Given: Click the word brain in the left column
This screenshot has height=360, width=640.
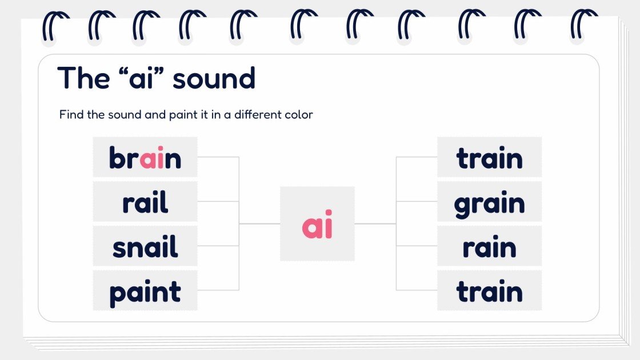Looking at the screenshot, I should click(x=145, y=158).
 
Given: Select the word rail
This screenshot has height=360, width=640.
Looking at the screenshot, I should click(x=145, y=202).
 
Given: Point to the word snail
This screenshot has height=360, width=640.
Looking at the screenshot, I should click(x=145, y=247).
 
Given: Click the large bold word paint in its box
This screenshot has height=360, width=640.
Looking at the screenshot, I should click(x=145, y=292).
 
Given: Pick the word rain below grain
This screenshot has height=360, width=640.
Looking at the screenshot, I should click(x=489, y=247).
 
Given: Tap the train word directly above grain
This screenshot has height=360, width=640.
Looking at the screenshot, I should click(x=489, y=158).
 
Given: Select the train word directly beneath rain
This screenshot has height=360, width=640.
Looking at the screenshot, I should click(x=489, y=292).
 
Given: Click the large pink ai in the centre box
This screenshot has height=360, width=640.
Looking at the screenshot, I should click(x=317, y=226).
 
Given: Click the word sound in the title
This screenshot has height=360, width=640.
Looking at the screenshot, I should click(x=214, y=78).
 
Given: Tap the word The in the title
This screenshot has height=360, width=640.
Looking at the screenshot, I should click(x=83, y=78).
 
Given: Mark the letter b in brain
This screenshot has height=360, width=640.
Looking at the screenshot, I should click(x=117, y=157).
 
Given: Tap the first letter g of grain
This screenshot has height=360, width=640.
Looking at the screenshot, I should click(x=463, y=206).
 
